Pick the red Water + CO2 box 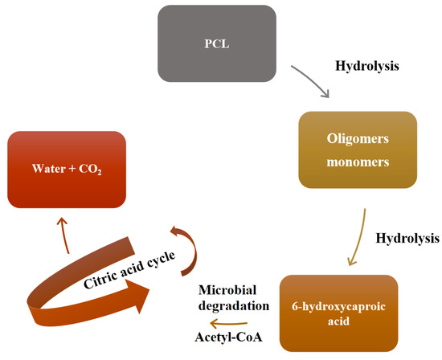[67, 169]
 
